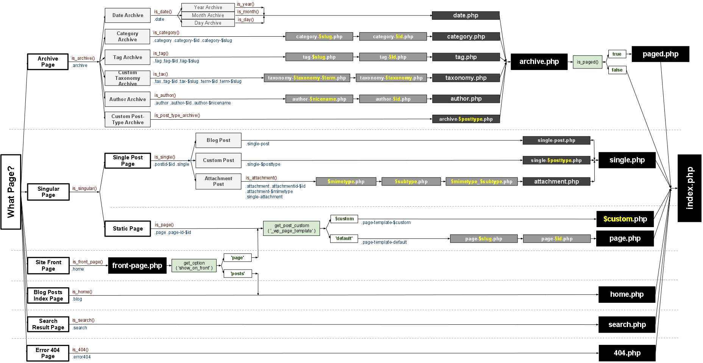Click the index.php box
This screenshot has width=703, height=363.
point(689,188)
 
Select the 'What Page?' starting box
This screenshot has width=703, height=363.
point(11,192)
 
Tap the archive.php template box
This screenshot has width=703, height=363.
point(539,62)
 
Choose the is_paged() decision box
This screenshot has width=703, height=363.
point(587,62)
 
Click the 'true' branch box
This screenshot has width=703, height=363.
point(617,54)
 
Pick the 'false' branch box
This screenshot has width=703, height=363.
point(617,70)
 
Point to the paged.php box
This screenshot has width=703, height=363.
point(660,54)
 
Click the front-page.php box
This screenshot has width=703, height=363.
point(137,265)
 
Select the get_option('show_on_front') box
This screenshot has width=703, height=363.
point(194,265)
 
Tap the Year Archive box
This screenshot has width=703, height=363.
point(208,7)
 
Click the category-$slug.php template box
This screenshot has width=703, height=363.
point(319,36)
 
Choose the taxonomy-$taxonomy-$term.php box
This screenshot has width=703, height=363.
point(307,78)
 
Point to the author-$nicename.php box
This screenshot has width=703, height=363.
point(319,99)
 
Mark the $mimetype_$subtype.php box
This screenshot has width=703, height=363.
point(481,182)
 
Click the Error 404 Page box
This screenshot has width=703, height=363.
point(48,353)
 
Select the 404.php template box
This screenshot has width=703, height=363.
point(627,353)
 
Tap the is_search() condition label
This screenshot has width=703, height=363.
point(83,320)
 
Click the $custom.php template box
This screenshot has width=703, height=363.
point(625,219)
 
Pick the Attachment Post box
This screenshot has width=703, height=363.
point(218,181)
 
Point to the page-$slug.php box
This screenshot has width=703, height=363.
point(483,238)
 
